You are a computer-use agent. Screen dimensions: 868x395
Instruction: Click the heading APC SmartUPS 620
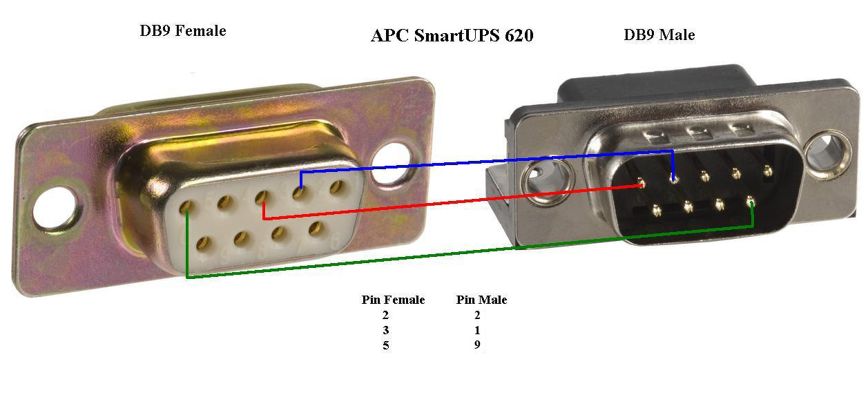click(x=452, y=35)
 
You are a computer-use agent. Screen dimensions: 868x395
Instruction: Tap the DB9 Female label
click(x=183, y=30)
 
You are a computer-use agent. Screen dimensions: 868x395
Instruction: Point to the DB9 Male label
click(x=659, y=35)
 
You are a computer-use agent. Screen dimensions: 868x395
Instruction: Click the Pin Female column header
click(x=394, y=300)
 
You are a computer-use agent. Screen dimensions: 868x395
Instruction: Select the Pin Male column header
click(x=482, y=300)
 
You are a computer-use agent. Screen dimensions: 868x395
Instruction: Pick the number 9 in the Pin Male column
click(x=477, y=345)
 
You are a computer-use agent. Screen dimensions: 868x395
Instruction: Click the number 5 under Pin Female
click(x=385, y=345)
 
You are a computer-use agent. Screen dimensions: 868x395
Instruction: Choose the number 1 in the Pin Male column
click(x=477, y=330)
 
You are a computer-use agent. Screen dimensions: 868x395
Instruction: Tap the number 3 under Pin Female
click(x=385, y=330)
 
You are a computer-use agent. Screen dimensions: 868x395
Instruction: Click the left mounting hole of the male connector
click(x=546, y=180)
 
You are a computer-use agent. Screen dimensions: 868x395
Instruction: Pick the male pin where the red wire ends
click(x=642, y=183)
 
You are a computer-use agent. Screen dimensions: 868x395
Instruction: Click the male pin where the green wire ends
click(x=751, y=202)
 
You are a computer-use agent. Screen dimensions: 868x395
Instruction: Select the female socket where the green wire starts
click(x=186, y=207)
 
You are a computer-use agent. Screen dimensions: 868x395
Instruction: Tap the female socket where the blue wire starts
click(x=299, y=192)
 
